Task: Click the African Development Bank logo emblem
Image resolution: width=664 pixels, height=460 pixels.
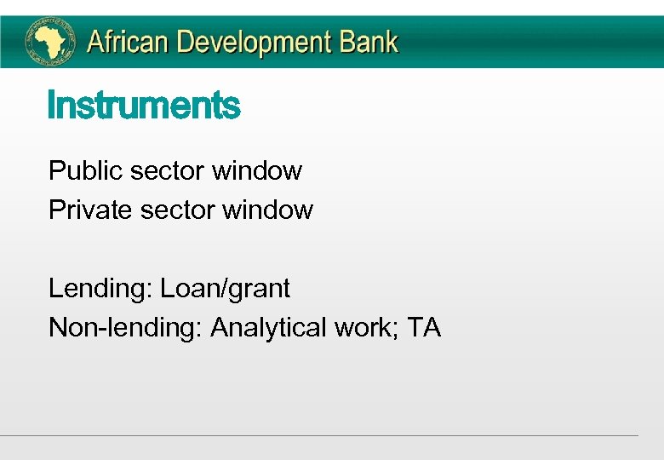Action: [49, 41]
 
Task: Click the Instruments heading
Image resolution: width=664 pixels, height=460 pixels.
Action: [144, 106]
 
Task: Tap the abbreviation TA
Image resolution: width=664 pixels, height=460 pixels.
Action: [424, 328]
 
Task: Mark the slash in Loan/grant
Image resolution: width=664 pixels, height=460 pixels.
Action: [225, 289]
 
